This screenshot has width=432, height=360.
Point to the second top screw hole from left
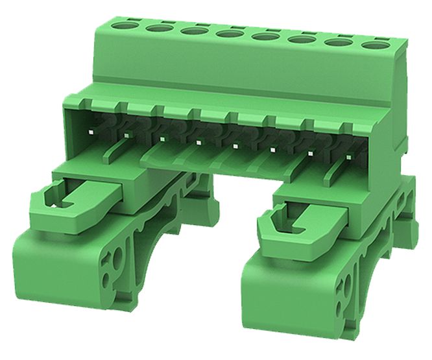coord(156,29)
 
